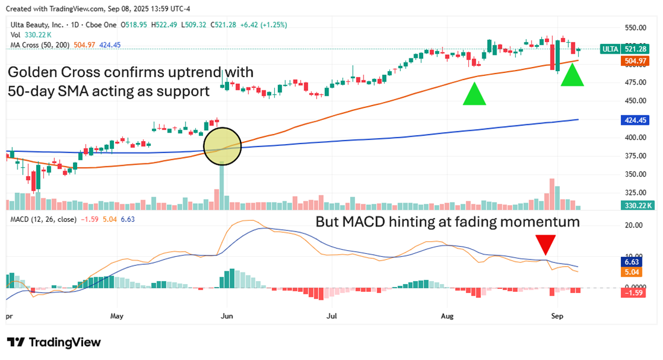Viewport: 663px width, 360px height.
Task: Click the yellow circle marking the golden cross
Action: tap(222, 146)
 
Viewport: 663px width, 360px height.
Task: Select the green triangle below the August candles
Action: tap(474, 95)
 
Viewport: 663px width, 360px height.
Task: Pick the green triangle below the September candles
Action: tap(573, 75)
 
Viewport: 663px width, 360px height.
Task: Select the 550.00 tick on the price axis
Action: tap(635, 28)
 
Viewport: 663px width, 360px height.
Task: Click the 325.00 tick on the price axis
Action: tap(635, 192)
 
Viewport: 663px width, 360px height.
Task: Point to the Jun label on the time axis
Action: tap(227, 315)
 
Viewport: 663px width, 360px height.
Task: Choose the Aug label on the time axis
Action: tap(446, 315)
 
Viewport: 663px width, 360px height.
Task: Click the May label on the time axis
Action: tap(117, 315)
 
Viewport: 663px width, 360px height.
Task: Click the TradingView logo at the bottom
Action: tap(54, 343)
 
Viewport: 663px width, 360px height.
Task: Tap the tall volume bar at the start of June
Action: tap(222, 186)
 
